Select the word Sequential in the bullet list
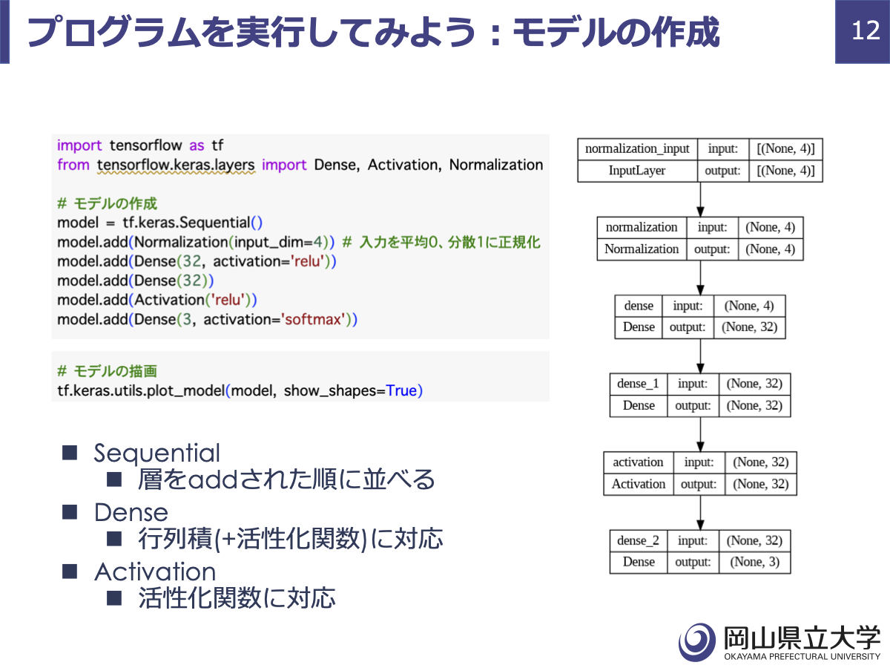[157, 453]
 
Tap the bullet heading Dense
[131, 512]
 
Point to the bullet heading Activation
[155, 572]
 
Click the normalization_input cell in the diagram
[637, 149]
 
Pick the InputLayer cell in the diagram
[637, 171]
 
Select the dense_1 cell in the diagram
[639, 384]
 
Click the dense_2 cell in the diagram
[639, 540]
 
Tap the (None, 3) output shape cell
[754, 562]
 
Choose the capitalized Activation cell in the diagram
[639, 484]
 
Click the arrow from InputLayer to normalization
[700, 200]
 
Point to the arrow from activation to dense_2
[700, 513]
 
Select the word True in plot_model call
[401, 390]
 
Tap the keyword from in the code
[73, 165]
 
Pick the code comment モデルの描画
[116, 371]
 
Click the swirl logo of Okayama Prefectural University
[697, 641]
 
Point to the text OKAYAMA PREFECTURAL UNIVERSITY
[802, 657]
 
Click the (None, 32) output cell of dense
[749, 327]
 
